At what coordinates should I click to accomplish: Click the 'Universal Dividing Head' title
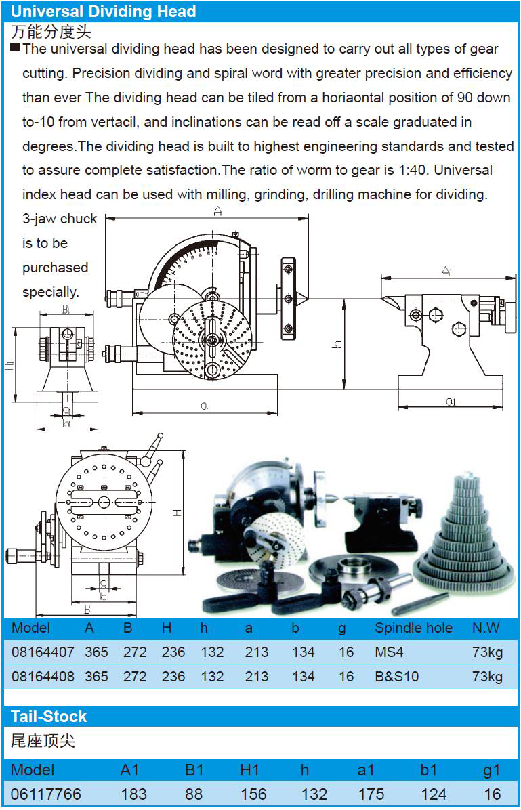pos(104,11)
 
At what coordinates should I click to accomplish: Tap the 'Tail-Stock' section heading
pos(49,717)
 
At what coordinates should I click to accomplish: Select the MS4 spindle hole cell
pos(389,652)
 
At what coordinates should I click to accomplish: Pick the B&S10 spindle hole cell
pos(397,676)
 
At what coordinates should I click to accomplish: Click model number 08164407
pos(43,652)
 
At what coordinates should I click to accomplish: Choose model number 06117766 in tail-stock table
pos(46,794)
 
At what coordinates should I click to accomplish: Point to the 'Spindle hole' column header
pos(413,628)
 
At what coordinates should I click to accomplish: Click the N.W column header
pos(486,628)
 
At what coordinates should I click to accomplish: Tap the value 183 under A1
pos(133,794)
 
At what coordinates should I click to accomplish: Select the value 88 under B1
pos(194,794)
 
